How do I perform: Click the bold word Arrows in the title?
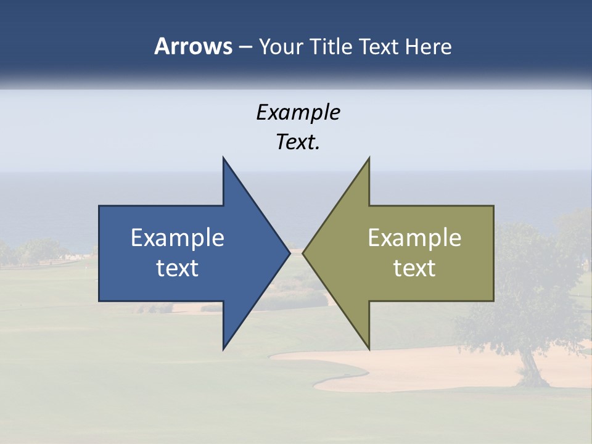point(192,46)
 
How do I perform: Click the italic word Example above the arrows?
point(298,113)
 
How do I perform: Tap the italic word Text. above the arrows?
point(298,142)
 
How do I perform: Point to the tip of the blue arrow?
point(289,253)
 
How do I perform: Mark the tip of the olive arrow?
point(303,253)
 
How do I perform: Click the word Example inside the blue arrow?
point(178,238)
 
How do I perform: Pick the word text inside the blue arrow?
point(178,268)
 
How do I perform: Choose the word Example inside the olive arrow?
point(414,238)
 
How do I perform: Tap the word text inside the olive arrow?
point(414,268)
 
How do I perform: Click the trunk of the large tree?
point(528,364)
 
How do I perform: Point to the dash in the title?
point(245,47)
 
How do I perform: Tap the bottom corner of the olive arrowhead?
point(369,348)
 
